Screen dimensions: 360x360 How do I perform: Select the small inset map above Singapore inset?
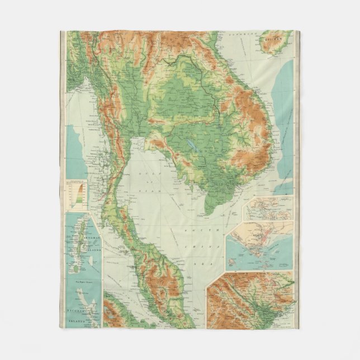click(267, 208)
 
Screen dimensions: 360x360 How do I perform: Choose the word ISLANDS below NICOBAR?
click(73, 322)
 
